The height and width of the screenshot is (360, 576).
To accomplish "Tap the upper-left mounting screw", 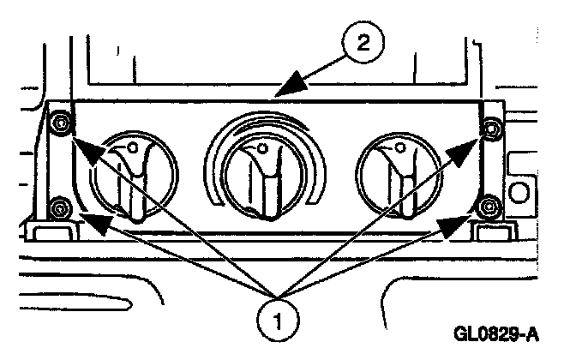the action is click(x=61, y=124).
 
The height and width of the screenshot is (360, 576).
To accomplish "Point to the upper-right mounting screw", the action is click(x=490, y=129).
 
